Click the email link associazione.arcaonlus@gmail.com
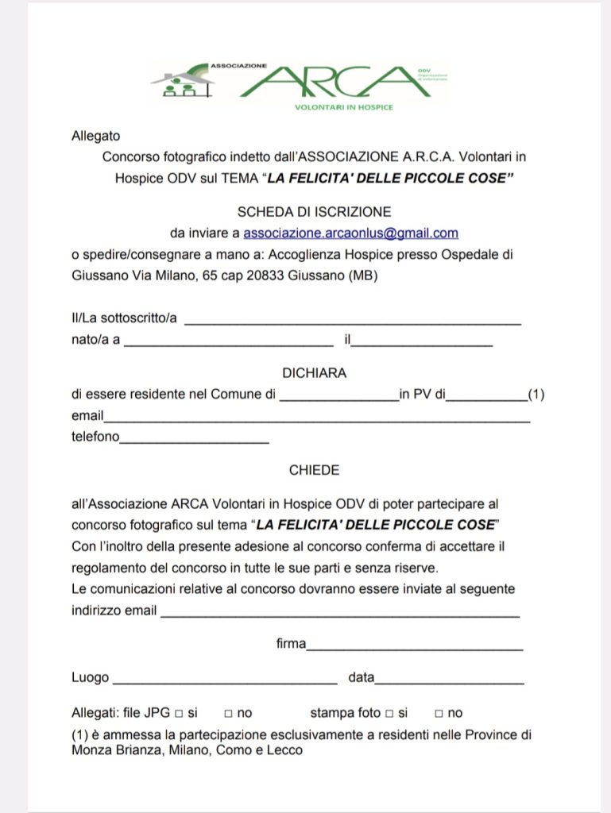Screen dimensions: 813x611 tap(350, 233)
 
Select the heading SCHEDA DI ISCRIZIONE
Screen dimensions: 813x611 tap(314, 212)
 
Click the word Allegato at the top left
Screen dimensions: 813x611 tap(96, 136)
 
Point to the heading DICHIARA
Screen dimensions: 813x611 tap(314, 372)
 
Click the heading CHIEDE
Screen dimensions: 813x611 tap(314, 470)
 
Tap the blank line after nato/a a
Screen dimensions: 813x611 tap(229, 343)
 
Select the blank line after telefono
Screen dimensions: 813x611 tap(194, 440)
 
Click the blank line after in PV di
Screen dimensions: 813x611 tap(486, 397)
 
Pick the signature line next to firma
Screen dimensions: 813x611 tap(415, 647)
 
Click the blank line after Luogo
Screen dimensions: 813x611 tap(224, 681)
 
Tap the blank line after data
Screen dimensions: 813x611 tap(449, 681)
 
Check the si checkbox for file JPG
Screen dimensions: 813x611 tap(179, 713)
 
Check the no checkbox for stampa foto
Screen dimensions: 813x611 tap(439, 713)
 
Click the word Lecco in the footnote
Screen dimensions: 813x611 tap(285, 749)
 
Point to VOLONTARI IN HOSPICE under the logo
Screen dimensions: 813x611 tap(343, 107)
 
